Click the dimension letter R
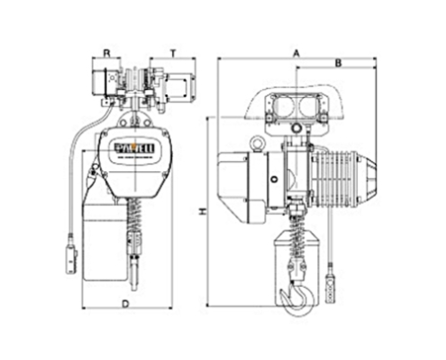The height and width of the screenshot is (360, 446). pyautogui.click(x=106, y=53)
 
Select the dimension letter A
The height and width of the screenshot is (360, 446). pyautogui.click(x=295, y=53)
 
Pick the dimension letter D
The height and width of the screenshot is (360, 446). pyautogui.click(x=125, y=305)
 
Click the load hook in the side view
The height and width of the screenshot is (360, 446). pyautogui.click(x=295, y=296)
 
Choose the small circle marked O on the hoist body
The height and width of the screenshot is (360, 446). pyautogui.click(x=274, y=178)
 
